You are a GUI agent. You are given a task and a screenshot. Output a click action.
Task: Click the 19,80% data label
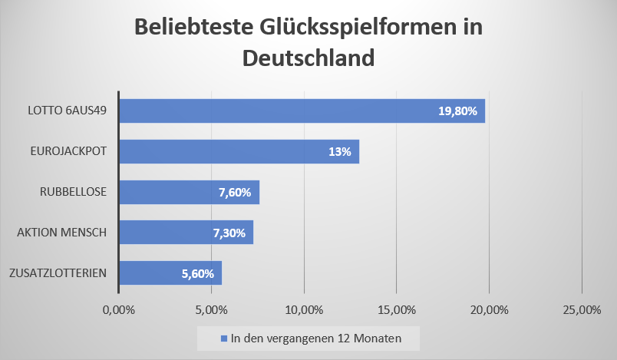pyautogui.click(x=457, y=111)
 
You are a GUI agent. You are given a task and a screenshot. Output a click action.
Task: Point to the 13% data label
pyautogui.click(x=339, y=151)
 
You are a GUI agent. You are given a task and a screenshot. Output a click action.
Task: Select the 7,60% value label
pyautogui.click(x=235, y=192)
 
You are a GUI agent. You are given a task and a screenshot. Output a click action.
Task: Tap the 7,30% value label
pyautogui.click(x=229, y=233)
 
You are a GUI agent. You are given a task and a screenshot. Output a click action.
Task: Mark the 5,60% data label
pyautogui.click(x=198, y=272)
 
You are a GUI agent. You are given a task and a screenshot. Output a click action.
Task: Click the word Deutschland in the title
pyautogui.click(x=308, y=58)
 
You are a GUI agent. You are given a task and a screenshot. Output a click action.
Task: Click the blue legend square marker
pyautogui.click(x=224, y=338)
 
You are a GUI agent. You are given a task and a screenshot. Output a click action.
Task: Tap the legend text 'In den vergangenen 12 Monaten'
pyautogui.click(x=315, y=338)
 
